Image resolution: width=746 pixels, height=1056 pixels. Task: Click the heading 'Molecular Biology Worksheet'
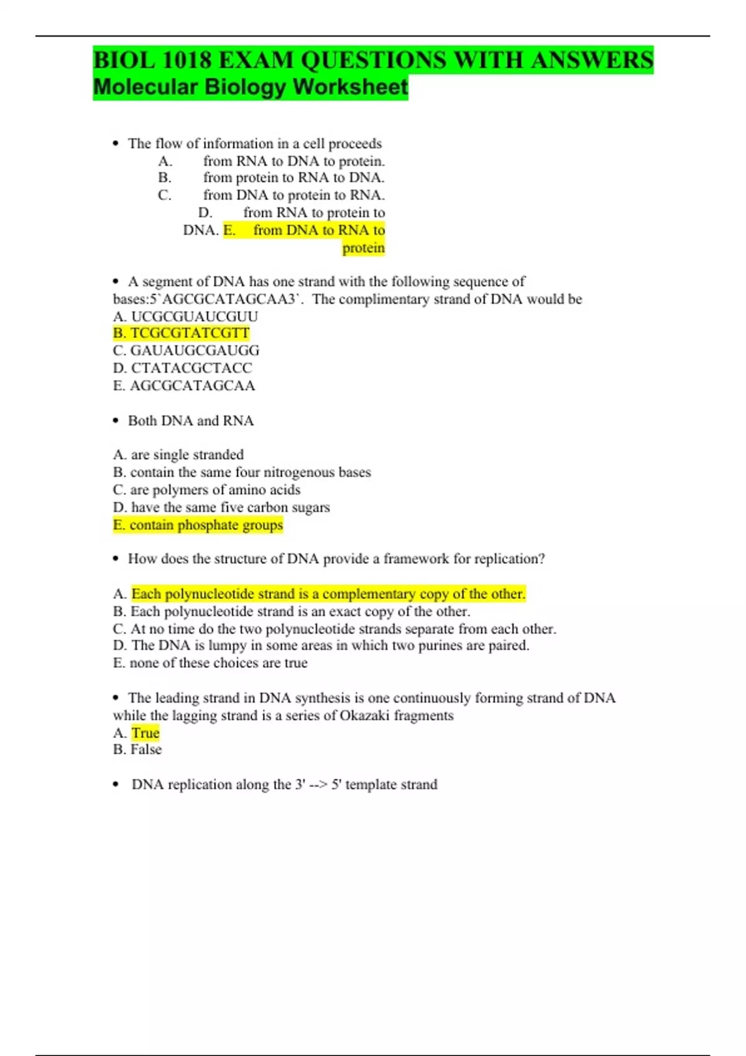click(251, 87)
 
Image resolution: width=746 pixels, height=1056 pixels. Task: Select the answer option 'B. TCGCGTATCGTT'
click(182, 333)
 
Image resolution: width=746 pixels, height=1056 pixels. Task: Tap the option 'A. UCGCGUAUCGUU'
click(185, 316)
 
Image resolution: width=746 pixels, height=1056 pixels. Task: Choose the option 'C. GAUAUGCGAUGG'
click(186, 350)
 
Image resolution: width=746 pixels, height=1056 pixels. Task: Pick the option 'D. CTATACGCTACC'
click(182, 368)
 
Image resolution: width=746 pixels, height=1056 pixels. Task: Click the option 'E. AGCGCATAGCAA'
click(184, 386)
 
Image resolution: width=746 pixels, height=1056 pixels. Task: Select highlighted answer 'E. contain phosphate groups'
click(198, 525)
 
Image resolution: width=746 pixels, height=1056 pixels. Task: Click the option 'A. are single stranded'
click(178, 455)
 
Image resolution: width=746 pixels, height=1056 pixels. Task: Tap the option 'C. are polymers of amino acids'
click(206, 489)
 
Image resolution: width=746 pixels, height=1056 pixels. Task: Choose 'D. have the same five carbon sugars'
click(221, 508)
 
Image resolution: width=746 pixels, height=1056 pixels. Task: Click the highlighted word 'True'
click(145, 733)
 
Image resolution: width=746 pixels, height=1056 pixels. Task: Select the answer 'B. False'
click(137, 750)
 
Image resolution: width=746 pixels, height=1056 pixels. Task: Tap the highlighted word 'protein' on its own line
click(364, 248)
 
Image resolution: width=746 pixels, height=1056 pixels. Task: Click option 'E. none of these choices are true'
click(210, 663)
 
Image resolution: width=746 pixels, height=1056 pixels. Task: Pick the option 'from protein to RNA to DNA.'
click(293, 178)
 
